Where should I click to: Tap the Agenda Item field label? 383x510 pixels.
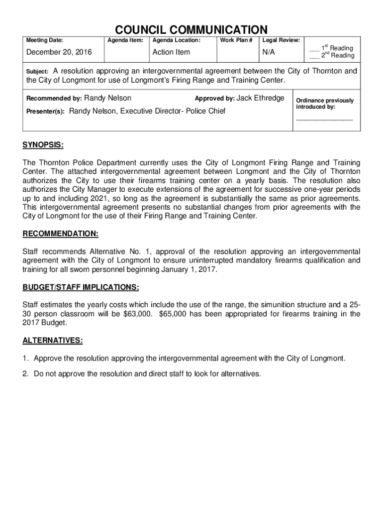tap(126, 40)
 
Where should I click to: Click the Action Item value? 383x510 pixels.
tap(171, 52)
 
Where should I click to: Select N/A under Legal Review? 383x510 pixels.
tap(269, 52)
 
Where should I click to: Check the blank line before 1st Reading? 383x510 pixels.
tap(313, 50)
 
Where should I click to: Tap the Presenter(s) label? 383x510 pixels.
tap(45, 112)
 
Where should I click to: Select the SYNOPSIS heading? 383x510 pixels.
tap(43, 145)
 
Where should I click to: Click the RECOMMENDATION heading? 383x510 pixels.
tap(60, 234)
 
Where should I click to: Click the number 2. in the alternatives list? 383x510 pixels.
tap(25, 374)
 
